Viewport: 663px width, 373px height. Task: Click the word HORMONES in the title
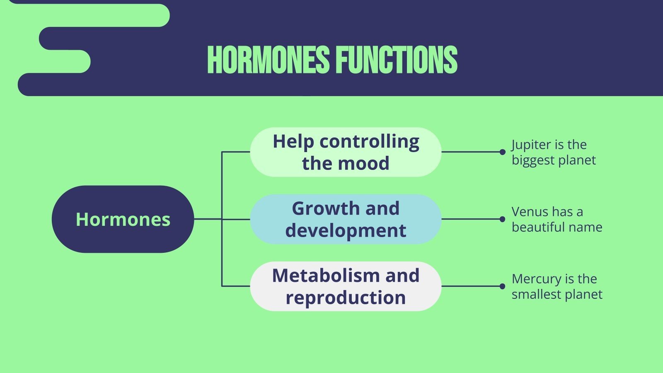click(269, 60)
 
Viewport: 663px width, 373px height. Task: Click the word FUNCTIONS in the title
click(397, 60)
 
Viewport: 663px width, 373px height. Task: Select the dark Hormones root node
click(123, 219)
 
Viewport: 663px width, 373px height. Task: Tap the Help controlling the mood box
click(346, 152)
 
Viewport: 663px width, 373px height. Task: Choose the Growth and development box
click(346, 219)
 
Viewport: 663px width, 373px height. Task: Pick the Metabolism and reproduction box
click(346, 286)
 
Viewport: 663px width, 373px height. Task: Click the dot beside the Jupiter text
click(502, 152)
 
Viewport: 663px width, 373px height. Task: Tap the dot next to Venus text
click(502, 219)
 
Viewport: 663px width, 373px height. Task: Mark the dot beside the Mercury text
click(502, 286)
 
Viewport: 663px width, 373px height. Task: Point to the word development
click(346, 230)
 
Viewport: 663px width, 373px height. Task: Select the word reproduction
click(346, 298)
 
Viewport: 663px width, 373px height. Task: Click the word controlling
click(369, 142)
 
